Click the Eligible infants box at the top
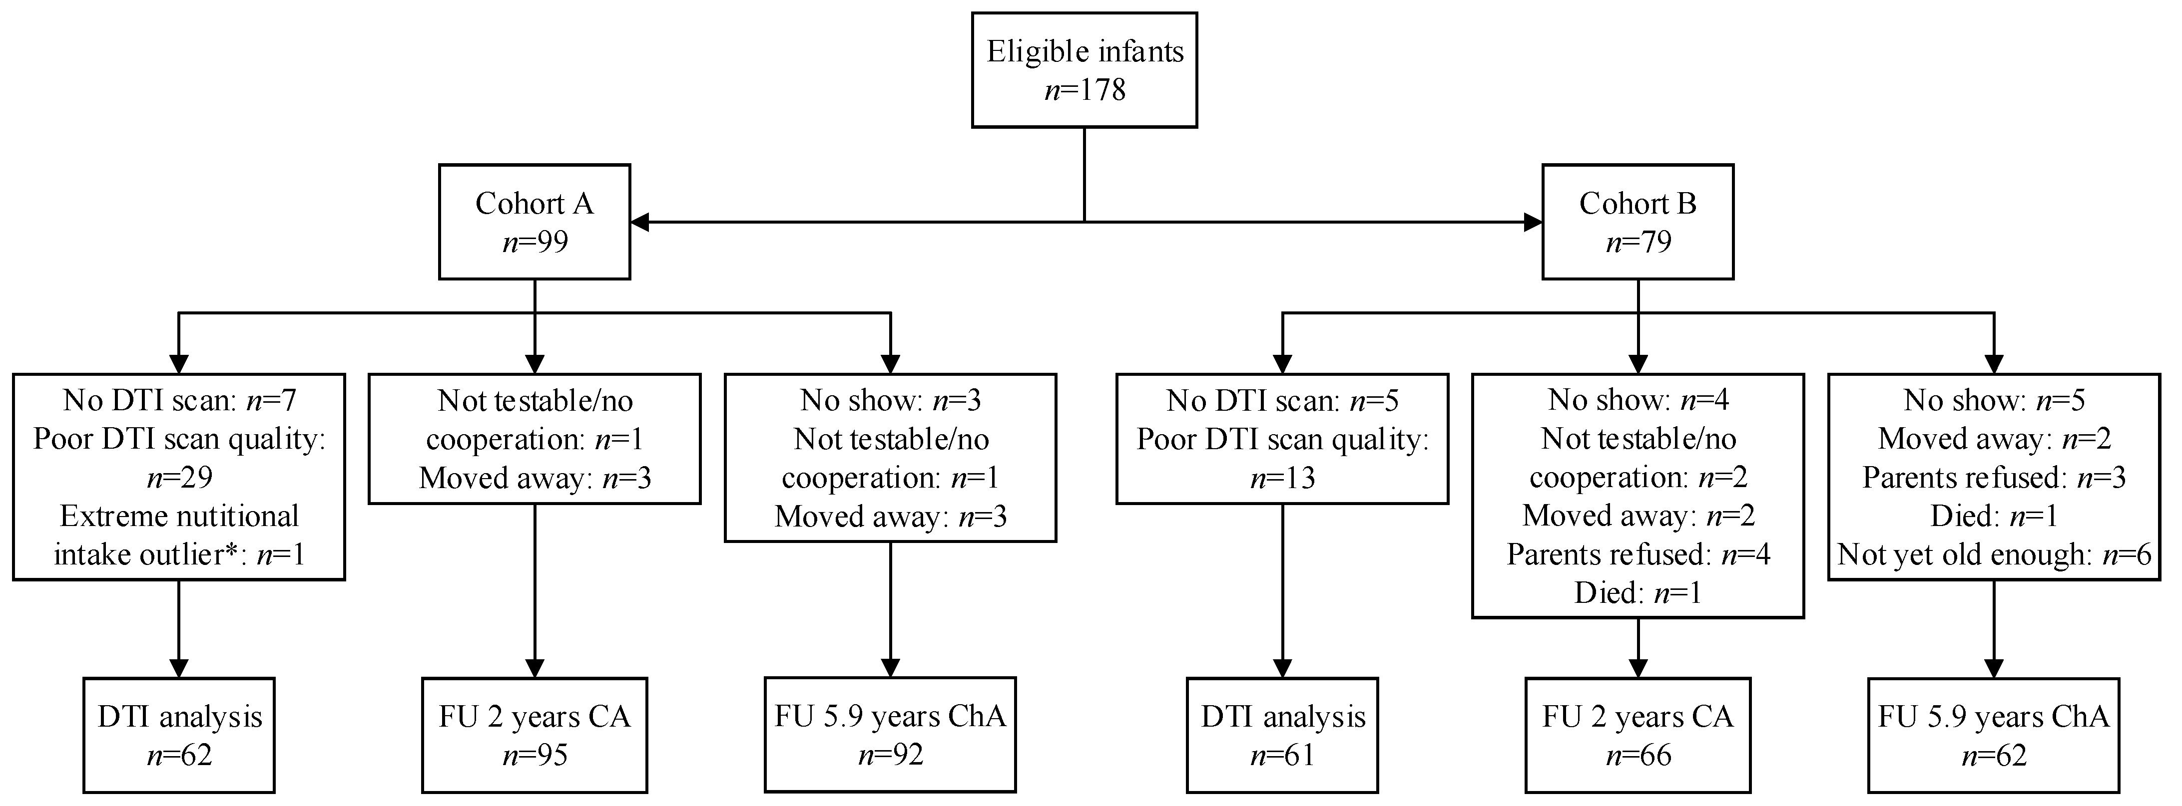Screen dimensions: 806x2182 pyautogui.click(x=1084, y=69)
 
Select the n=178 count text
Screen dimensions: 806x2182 pyautogui.click(x=1085, y=90)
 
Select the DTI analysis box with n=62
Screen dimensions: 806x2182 pyautogui.click(x=179, y=735)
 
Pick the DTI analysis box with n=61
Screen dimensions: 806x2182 pyautogui.click(x=1282, y=735)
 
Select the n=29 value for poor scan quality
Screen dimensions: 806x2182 pyautogui.click(x=179, y=478)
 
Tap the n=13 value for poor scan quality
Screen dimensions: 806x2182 pyautogui.click(x=1282, y=478)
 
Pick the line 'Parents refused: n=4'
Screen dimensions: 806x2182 pyautogui.click(x=1637, y=554)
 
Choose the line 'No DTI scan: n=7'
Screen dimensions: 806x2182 pyautogui.click(x=179, y=400)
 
